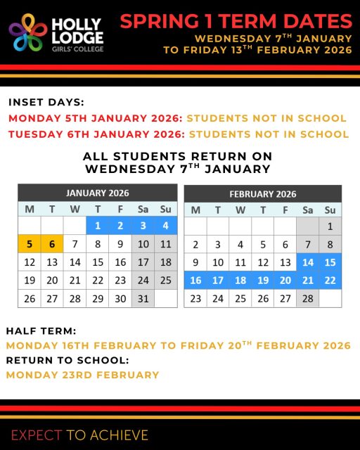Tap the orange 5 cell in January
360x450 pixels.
(30, 244)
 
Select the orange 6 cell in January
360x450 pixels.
(52, 244)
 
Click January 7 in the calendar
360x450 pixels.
(75, 244)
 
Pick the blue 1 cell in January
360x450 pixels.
(98, 226)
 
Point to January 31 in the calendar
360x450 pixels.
(143, 298)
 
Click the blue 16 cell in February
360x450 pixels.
(195, 280)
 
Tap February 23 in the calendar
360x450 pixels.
(195, 298)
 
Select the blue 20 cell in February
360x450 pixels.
(285, 280)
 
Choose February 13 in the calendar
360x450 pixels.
(285, 262)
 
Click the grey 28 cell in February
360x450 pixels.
(307, 298)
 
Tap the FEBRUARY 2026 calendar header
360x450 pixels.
(263, 194)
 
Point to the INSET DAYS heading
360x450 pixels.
(46, 102)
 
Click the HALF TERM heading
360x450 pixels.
(41, 330)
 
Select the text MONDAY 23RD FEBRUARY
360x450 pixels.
(83, 375)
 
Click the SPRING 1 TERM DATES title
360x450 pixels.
(236, 20)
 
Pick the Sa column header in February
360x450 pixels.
(307, 210)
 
